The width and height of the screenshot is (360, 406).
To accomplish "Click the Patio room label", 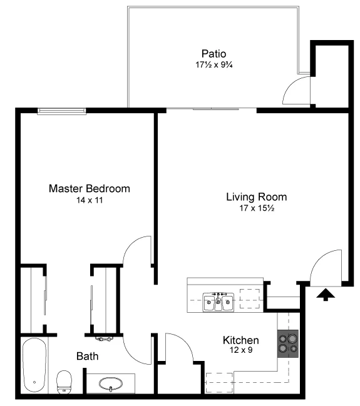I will point(213,53).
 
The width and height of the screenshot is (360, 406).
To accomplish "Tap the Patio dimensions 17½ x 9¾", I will point(213,64).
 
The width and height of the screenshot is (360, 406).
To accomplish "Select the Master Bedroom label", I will point(90,188).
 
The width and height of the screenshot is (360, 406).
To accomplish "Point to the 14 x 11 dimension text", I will point(90,201).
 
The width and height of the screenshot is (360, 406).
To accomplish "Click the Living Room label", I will point(256,196).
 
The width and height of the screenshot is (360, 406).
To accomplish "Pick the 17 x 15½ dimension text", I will point(256,208).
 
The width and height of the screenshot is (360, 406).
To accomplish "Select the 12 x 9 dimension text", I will point(241,351).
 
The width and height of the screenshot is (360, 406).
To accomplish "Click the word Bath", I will point(87,357).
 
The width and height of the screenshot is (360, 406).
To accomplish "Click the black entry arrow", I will point(326,293).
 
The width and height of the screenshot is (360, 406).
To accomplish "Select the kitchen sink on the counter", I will point(218,302).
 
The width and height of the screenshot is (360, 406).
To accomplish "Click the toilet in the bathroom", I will point(64,381).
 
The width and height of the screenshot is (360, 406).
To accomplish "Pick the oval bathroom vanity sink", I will point(110,383).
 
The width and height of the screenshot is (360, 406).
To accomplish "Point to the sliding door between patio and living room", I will point(212,109).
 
